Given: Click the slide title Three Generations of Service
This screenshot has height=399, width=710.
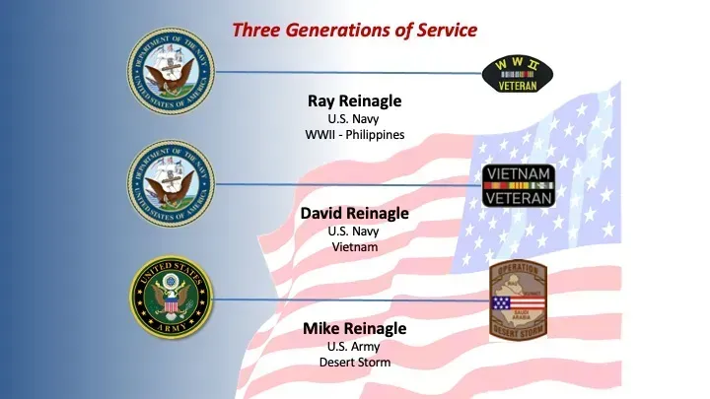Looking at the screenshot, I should tap(354, 30).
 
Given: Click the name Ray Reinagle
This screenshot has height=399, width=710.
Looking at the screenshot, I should tap(354, 100).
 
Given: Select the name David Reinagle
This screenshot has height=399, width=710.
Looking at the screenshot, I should tap(354, 213).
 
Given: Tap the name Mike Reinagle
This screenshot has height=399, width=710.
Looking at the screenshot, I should tap(354, 328).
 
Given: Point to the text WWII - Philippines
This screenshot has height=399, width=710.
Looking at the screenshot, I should tap(354, 134).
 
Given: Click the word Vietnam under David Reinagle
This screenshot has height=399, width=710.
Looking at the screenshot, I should tap(354, 247).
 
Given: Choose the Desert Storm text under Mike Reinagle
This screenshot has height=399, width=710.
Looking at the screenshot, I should tap(354, 362).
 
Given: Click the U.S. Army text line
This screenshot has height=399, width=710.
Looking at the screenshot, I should tap(354, 346).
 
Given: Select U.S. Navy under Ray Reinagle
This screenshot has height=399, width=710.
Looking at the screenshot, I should tap(354, 118).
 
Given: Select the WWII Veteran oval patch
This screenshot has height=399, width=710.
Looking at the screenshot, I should tap(516, 73).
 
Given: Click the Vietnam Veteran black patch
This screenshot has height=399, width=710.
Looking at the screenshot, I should tap(519, 185).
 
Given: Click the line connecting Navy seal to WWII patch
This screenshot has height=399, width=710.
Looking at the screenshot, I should tap(345, 72).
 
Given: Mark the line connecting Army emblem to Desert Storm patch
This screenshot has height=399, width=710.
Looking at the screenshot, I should tap(345, 299).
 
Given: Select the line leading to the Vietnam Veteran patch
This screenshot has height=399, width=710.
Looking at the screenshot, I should tap(345, 184).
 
